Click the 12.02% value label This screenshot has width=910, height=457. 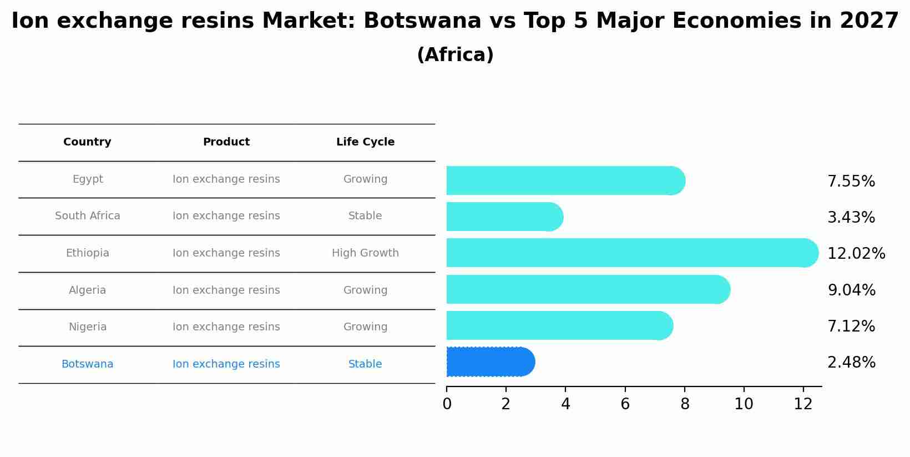point(856,254)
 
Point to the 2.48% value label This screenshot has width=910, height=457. point(851,363)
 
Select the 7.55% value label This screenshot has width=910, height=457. point(851,182)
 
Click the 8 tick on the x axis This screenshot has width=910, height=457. point(685,404)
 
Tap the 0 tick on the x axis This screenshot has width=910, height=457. point(447,404)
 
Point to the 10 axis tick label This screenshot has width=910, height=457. point(744,404)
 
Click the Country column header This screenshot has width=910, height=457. point(87,142)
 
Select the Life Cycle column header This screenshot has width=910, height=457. point(365,142)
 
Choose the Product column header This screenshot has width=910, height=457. point(226,142)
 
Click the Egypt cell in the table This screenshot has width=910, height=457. point(88,179)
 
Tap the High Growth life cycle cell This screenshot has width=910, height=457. point(365,253)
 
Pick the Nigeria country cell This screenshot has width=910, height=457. point(88,327)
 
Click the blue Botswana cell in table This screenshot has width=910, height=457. point(88,364)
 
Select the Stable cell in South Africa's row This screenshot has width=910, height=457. point(365,216)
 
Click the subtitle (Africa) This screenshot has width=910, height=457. point(455,55)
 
